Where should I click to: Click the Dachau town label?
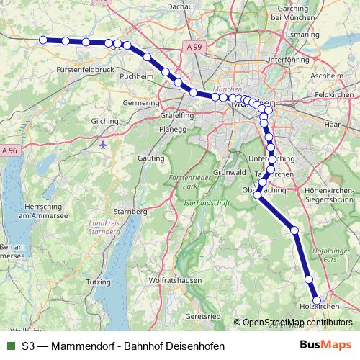coord(180,6)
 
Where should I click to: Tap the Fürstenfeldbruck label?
coord(85,70)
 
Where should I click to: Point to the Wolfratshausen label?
coord(173,278)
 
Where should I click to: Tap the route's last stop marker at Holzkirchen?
coord(317,301)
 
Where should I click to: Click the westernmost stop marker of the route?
coord(43,40)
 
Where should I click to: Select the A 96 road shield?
coord(9,150)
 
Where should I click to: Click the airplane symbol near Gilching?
coord(104,144)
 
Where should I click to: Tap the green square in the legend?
coord(9,346)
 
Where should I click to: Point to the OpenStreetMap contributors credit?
coord(297,323)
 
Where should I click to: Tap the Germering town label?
coord(141,103)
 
